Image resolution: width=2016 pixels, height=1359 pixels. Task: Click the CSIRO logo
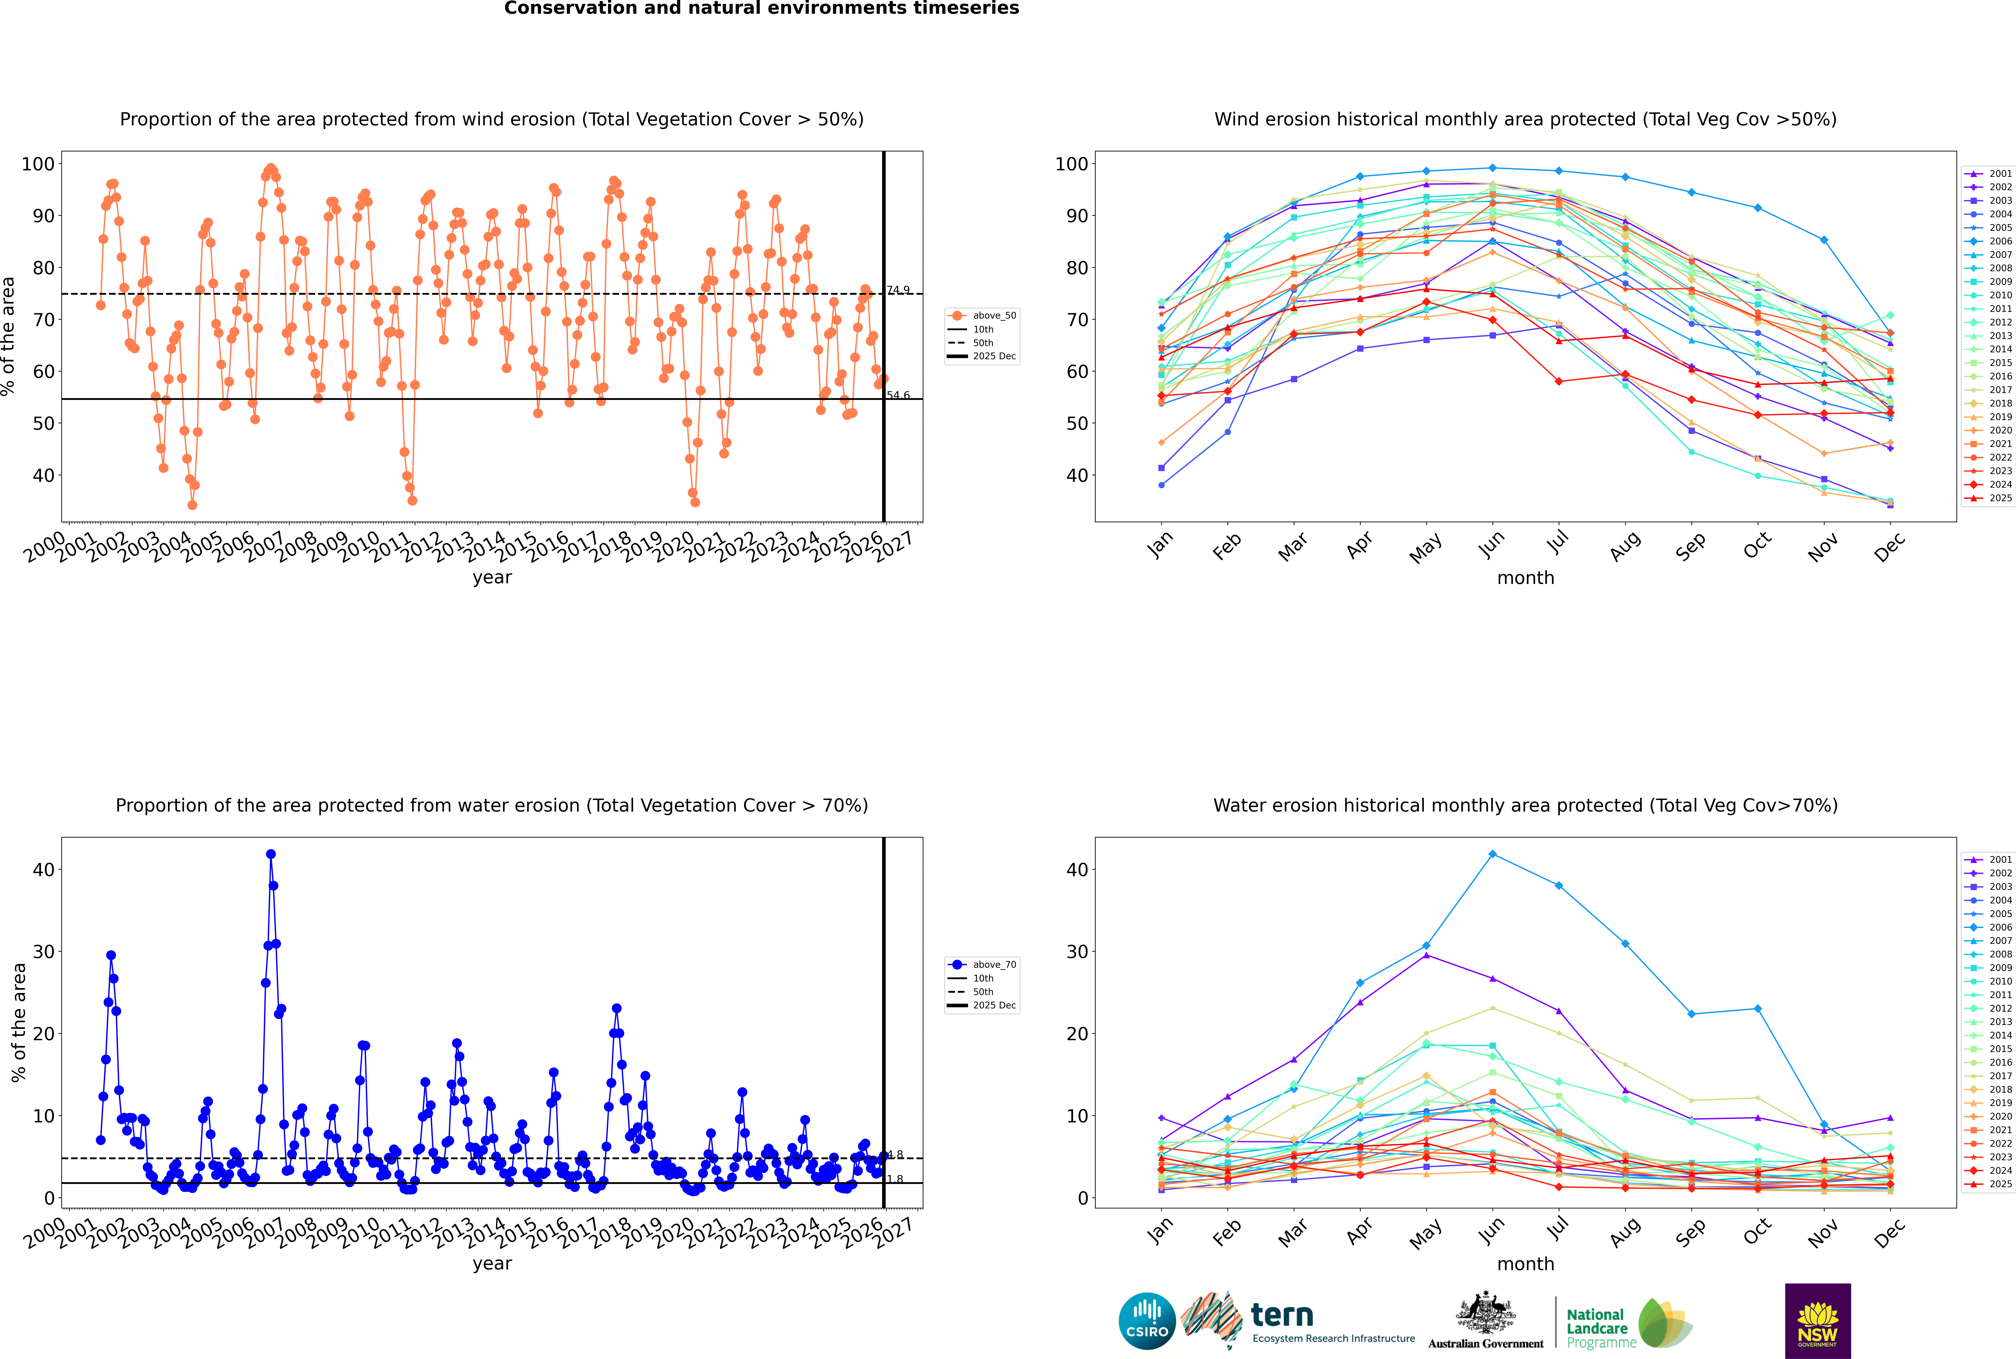coord(1147,1321)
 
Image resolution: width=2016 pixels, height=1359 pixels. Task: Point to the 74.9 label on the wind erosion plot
coord(898,290)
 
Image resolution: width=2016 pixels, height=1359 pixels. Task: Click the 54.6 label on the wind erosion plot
coord(898,395)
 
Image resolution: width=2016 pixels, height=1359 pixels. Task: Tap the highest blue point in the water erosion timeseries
coord(270,854)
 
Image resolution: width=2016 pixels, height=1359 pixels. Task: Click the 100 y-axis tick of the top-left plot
coord(38,164)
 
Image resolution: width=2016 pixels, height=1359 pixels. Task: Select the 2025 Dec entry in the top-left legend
coord(993,356)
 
